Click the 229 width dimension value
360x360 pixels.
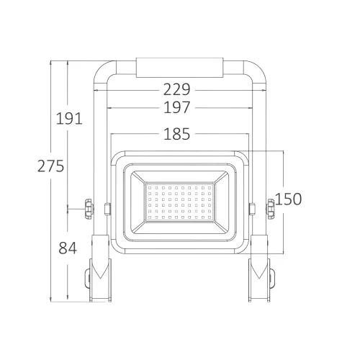(x=177, y=89)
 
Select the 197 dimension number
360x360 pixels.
(x=177, y=107)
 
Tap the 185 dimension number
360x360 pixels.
(x=177, y=134)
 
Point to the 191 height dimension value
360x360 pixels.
(x=69, y=118)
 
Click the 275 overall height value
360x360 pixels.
(x=51, y=166)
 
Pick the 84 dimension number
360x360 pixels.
(x=68, y=248)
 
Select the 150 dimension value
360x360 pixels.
(x=288, y=199)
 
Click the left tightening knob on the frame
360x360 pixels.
(x=89, y=209)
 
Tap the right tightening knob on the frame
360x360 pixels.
(x=271, y=209)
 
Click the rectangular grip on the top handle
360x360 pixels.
(x=179, y=68)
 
